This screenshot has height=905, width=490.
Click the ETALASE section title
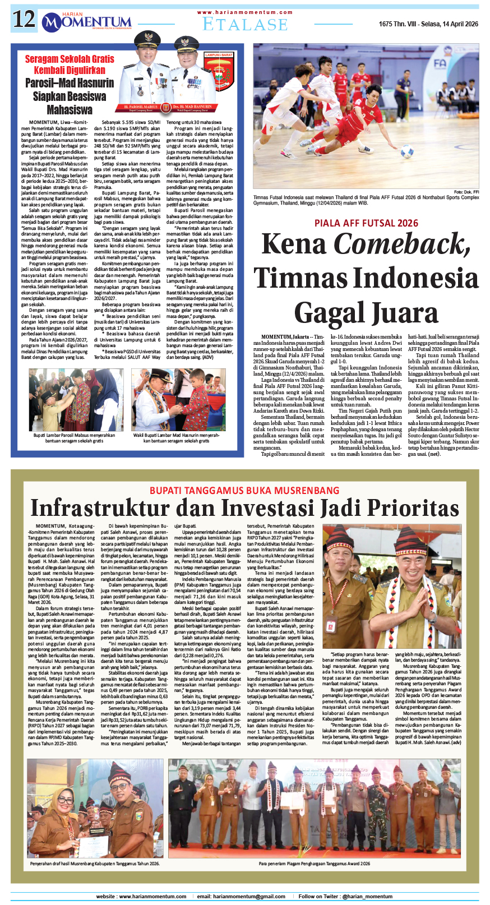(x=245, y=24)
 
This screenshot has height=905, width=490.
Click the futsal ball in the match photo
(x=406, y=151)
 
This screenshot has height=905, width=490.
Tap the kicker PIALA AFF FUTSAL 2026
(x=366, y=223)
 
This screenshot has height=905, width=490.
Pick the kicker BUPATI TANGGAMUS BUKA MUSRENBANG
(x=244, y=491)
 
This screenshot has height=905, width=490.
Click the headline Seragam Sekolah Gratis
(x=70, y=59)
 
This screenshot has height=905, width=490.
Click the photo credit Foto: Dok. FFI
(x=466, y=192)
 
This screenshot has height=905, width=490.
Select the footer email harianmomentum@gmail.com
(x=248, y=896)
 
